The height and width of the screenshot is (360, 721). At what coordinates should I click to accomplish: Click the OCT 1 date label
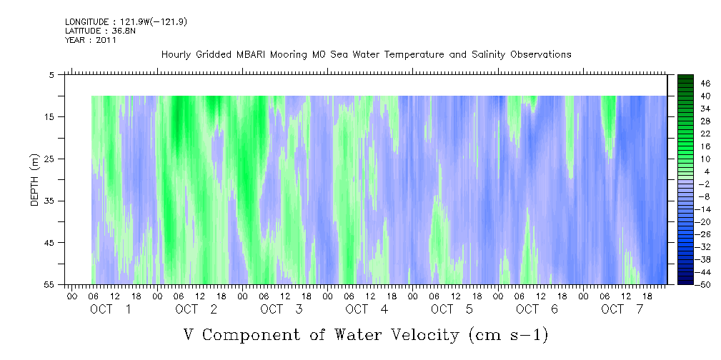click(x=110, y=309)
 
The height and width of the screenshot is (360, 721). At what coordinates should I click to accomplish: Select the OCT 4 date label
click(x=367, y=309)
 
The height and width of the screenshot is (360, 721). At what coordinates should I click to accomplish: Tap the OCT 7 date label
click(x=622, y=309)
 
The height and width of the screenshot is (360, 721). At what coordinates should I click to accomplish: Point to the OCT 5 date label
click(x=452, y=309)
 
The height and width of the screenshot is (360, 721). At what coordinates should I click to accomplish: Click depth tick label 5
click(x=51, y=74)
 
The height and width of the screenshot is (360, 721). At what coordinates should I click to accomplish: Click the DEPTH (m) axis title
click(x=35, y=180)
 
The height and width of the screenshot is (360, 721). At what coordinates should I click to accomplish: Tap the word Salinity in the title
click(x=488, y=55)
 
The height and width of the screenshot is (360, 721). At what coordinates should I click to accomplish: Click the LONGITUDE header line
click(x=126, y=21)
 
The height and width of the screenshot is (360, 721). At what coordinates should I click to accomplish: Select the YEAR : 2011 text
click(x=91, y=40)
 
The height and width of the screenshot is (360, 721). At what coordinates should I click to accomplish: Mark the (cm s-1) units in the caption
click(x=509, y=335)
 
